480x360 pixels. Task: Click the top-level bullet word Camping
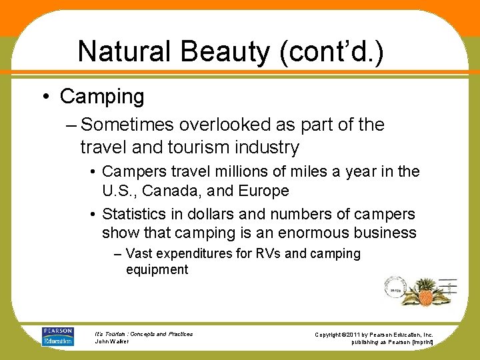[102, 97]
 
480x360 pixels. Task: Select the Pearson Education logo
[57, 336]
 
